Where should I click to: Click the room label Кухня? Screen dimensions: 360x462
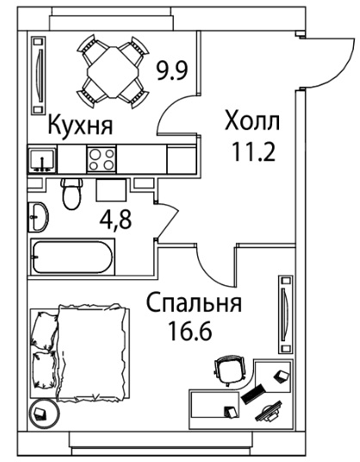click(x=80, y=126)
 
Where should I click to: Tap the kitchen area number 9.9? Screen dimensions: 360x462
click(x=172, y=71)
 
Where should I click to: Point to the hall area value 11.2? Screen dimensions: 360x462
click(x=254, y=152)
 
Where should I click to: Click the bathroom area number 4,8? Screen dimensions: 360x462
click(x=115, y=220)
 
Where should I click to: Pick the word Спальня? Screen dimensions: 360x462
click(x=194, y=303)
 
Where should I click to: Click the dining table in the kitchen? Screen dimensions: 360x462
click(x=113, y=72)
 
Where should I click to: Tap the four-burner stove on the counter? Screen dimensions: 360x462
click(x=102, y=159)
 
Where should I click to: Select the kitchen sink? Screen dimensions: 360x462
click(x=42, y=159)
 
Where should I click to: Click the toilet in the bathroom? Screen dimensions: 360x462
click(x=71, y=193)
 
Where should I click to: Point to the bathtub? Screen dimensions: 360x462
click(x=72, y=257)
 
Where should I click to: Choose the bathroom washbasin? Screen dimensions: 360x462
click(x=38, y=217)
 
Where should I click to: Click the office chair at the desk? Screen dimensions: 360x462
click(x=230, y=371)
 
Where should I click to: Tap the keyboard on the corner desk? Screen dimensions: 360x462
click(x=253, y=394)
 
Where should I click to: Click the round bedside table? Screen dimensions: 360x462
click(x=44, y=414)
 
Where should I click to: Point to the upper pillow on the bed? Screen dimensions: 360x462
click(x=44, y=331)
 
